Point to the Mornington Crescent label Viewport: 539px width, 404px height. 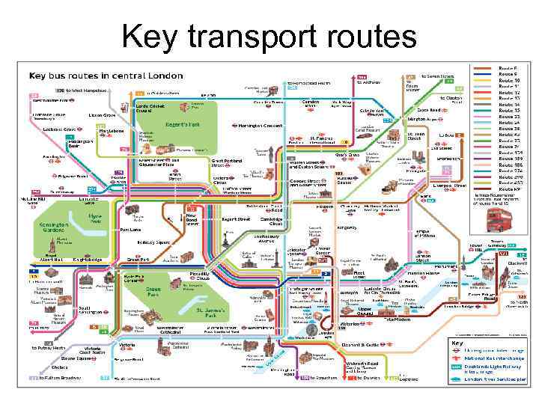(261, 126)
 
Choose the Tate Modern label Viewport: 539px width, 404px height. (399, 319)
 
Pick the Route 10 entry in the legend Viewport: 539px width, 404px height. (508, 80)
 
